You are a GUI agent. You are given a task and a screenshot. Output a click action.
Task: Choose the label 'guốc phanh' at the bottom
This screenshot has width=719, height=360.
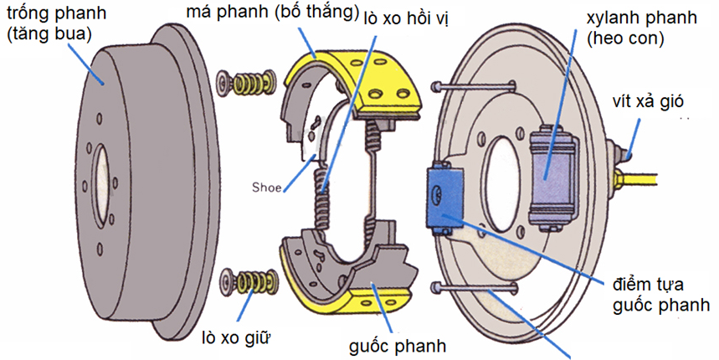[398, 345]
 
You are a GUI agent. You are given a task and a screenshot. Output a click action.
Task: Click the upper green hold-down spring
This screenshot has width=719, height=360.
[249, 83]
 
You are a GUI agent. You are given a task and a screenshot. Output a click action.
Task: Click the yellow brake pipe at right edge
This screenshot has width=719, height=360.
[670, 178]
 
